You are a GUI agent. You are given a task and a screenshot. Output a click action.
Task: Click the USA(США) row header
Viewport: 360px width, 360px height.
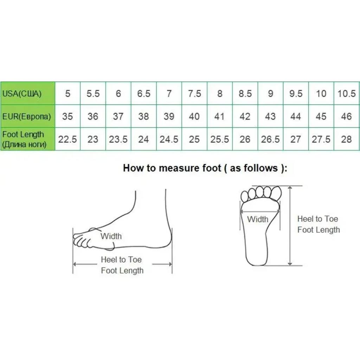click(x=28, y=94)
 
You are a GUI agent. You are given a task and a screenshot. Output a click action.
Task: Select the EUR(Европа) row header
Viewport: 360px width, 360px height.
click(x=28, y=116)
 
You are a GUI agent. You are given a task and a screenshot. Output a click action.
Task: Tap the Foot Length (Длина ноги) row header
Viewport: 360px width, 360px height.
click(x=28, y=139)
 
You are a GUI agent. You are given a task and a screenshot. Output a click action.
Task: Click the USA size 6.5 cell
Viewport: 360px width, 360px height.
click(x=144, y=94)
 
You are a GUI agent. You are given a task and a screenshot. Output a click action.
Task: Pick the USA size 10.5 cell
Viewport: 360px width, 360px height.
click(x=346, y=94)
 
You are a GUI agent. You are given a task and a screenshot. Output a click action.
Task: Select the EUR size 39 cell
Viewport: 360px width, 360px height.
click(x=169, y=116)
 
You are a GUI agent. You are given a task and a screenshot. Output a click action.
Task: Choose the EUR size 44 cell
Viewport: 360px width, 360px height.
click(x=296, y=116)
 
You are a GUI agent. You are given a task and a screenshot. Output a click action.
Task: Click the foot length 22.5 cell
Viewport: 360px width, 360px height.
click(x=67, y=139)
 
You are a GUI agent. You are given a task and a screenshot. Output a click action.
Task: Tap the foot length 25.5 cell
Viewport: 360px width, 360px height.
click(x=220, y=139)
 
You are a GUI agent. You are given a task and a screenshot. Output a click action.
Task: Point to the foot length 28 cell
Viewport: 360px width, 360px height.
click(x=346, y=139)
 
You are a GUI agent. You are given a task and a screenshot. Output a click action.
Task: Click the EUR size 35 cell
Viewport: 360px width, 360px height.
click(x=67, y=116)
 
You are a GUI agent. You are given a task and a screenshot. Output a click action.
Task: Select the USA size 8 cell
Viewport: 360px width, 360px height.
click(x=220, y=94)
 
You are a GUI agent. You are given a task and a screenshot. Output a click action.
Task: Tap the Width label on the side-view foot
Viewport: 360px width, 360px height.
click(x=111, y=236)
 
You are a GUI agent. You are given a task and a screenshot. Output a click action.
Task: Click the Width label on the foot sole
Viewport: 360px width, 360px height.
click(x=258, y=219)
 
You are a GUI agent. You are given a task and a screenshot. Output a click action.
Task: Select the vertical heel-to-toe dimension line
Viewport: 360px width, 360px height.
click(x=290, y=226)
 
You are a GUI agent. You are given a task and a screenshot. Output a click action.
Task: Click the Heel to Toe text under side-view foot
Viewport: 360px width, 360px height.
click(x=121, y=260)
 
